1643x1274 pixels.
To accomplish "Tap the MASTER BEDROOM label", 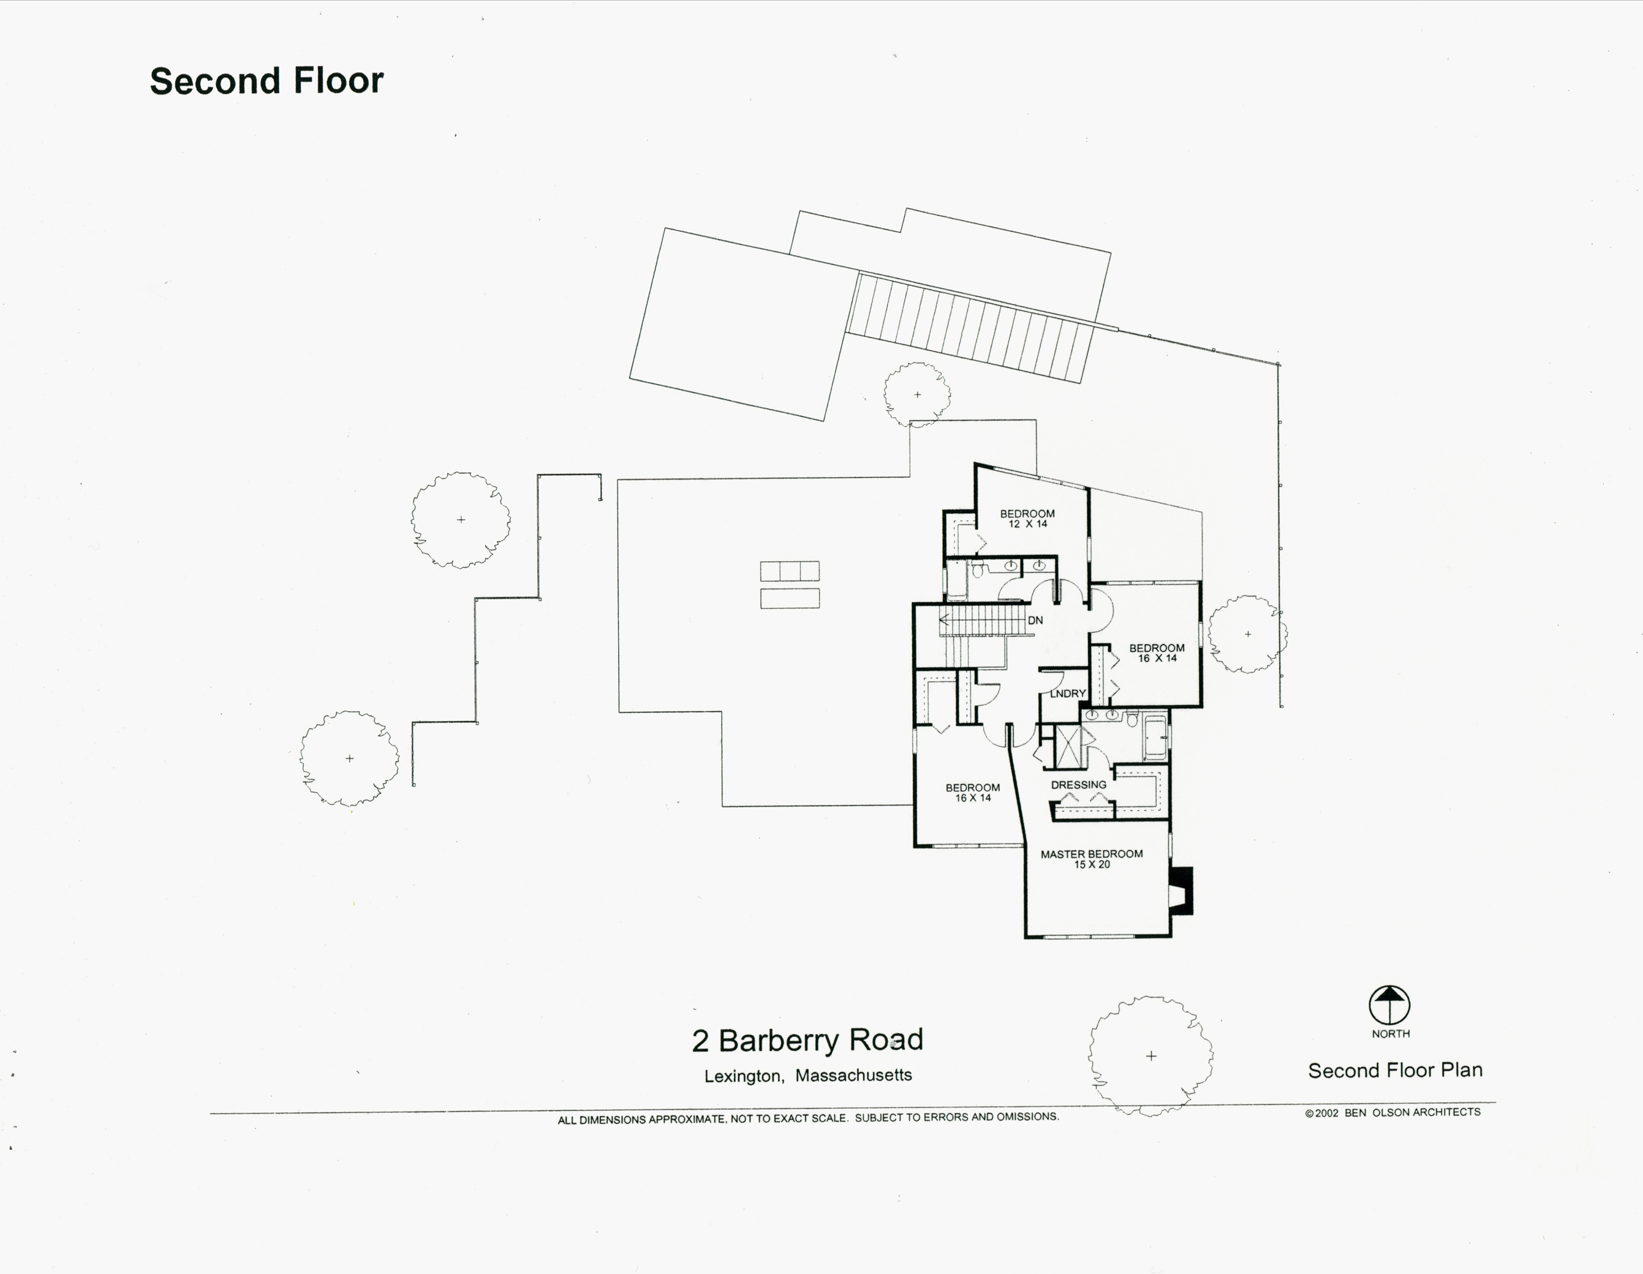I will click(x=1091, y=854).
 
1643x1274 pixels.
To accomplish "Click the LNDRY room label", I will click(x=1068, y=693).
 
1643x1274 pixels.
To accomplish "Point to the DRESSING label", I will click(x=1078, y=785).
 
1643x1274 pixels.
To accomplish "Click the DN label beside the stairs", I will click(x=1035, y=620).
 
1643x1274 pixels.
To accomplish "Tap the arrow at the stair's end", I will click(x=943, y=620).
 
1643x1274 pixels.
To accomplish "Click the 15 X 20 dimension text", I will click(x=1092, y=865).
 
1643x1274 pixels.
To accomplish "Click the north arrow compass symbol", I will click(x=1389, y=1005).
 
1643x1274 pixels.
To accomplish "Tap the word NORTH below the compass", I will click(x=1390, y=1034).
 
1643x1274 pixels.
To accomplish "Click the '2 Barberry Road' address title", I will click(x=807, y=1040).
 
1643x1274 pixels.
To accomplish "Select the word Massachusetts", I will click(x=853, y=1076).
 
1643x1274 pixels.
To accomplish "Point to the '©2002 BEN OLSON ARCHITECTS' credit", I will click(x=1392, y=1112).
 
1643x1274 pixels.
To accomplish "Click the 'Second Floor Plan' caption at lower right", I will click(x=1395, y=1070).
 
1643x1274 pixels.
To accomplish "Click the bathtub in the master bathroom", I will click(x=1154, y=739).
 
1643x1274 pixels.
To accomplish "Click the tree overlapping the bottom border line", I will click(x=1150, y=1056).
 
